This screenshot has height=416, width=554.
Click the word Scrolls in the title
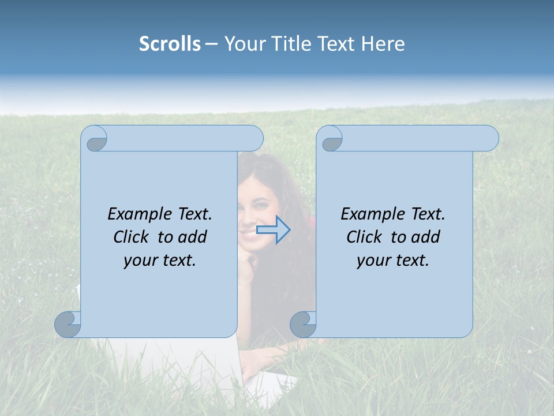[170, 44]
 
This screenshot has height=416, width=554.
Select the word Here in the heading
[383, 44]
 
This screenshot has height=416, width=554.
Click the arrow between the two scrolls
[274, 230]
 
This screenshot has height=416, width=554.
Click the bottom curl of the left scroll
[68, 324]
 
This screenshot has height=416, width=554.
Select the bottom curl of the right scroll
[303, 324]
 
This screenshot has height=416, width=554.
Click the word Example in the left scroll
[137, 214]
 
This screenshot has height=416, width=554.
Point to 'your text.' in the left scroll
[160, 261]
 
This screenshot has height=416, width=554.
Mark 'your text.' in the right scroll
[393, 261]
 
